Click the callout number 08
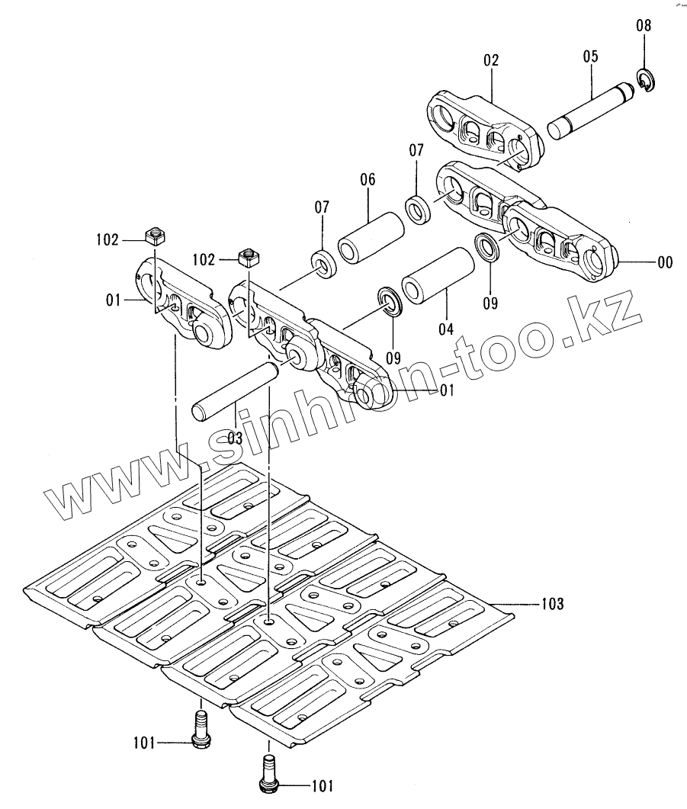click(644, 26)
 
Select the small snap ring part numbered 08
click(644, 81)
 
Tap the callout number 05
click(591, 56)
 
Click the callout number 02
click(490, 60)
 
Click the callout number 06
click(368, 180)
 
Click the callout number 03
click(234, 438)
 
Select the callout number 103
click(553, 605)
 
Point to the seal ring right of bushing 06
click(418, 209)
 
